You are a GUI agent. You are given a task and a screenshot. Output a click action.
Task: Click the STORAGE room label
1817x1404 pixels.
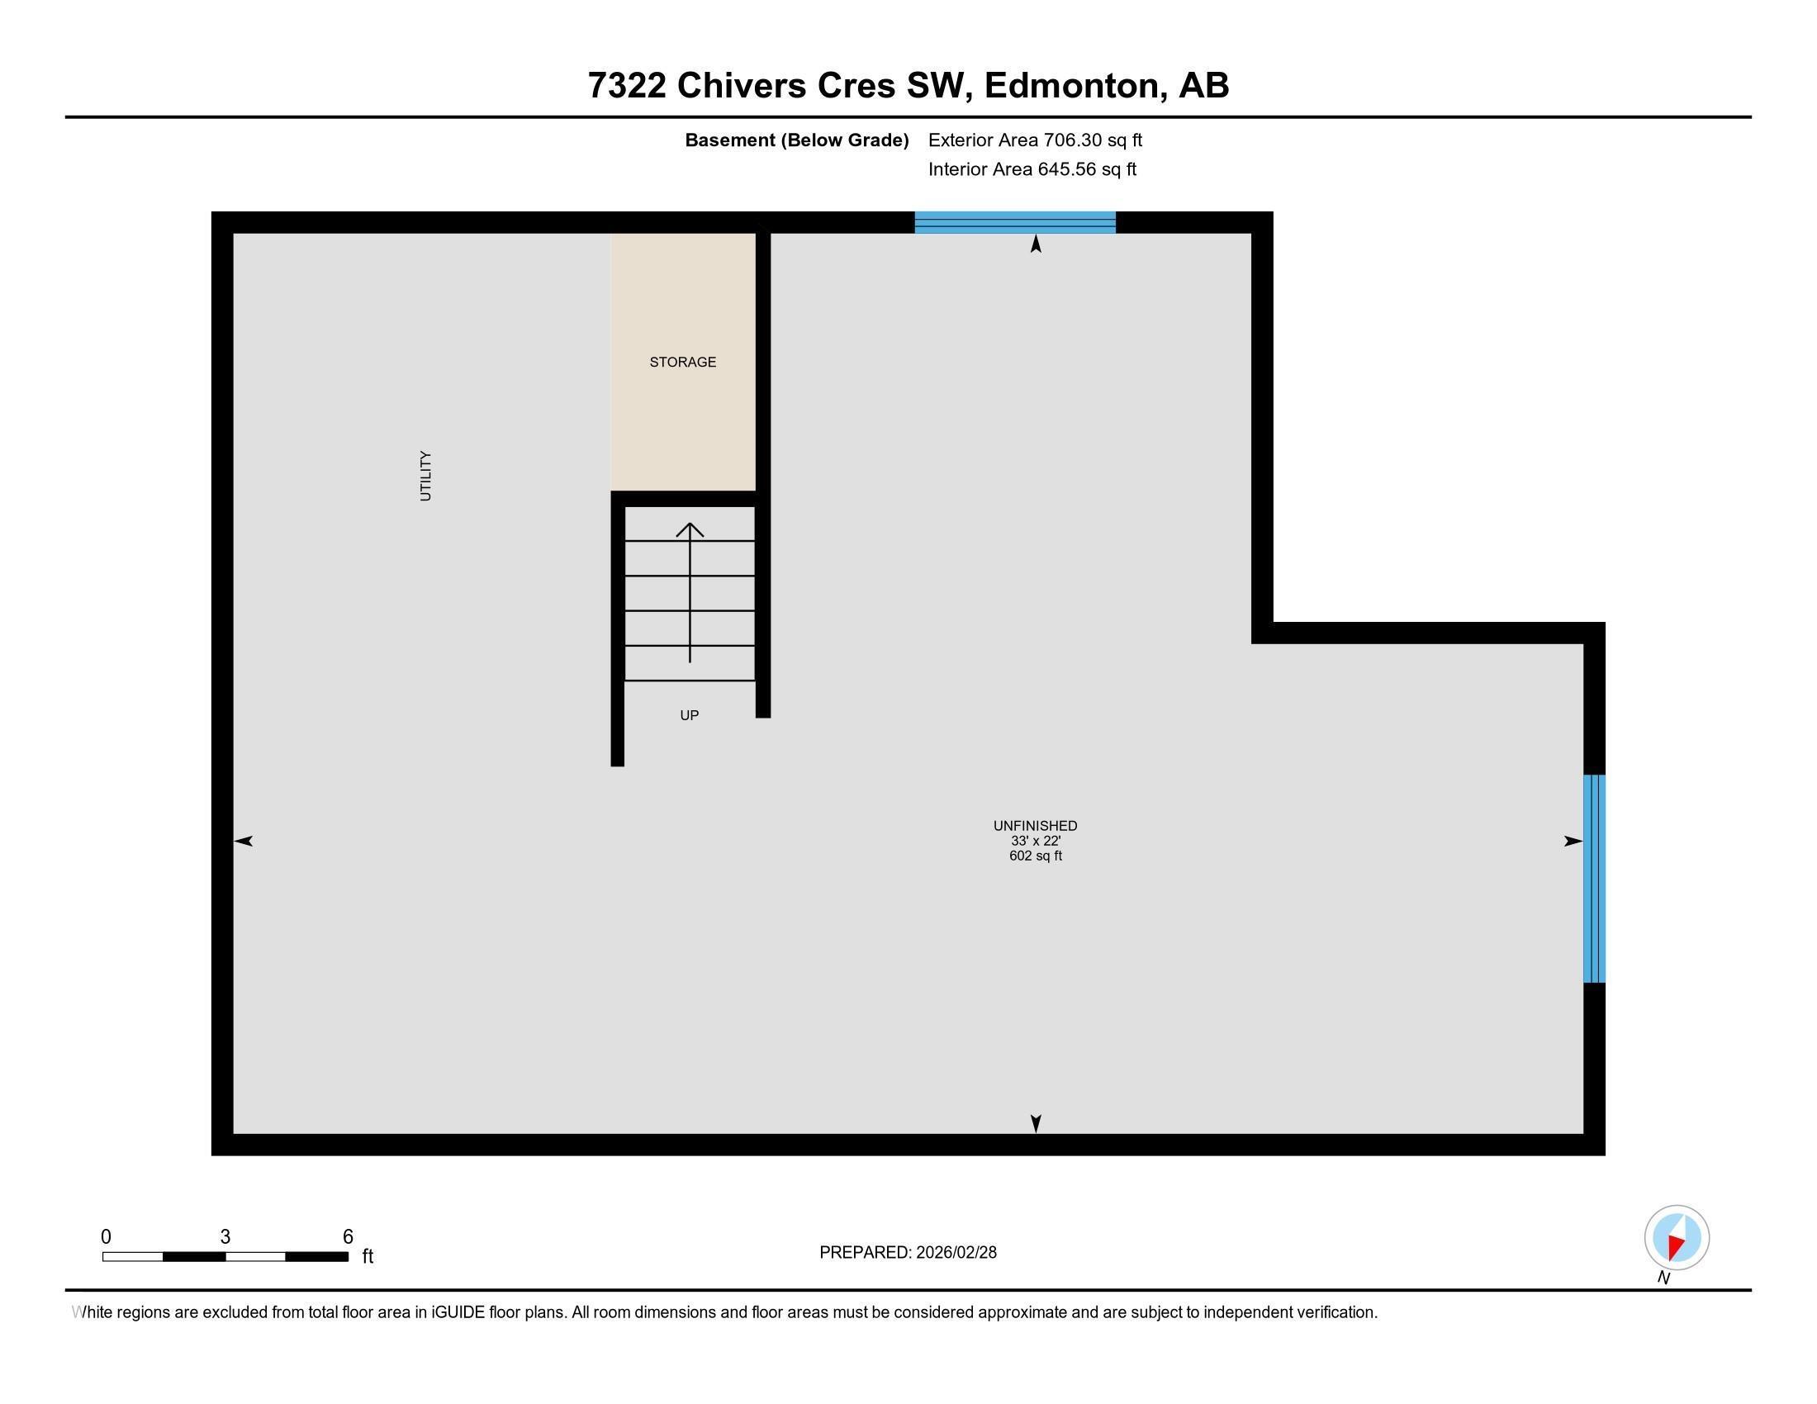[x=682, y=362]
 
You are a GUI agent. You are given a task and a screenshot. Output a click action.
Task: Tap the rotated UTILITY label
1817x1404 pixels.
[x=425, y=476]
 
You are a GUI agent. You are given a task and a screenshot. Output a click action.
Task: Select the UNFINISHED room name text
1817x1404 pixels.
[x=1034, y=826]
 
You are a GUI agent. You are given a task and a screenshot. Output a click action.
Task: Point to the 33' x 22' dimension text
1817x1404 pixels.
[x=1034, y=841]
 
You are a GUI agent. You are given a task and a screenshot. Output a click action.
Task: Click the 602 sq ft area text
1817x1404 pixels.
[x=1034, y=856]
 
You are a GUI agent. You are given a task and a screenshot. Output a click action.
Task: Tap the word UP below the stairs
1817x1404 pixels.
[x=689, y=715]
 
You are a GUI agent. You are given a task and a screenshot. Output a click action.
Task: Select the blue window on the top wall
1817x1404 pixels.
[x=1014, y=222]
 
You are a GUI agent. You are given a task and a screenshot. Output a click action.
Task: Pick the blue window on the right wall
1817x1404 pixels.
[x=1593, y=879]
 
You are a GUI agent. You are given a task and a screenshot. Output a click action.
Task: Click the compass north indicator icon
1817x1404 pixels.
[x=1677, y=1237]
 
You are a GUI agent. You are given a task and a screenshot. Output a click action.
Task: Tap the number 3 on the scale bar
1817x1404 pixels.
[x=225, y=1237]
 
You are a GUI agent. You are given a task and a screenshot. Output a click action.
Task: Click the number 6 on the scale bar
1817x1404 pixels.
[x=348, y=1237]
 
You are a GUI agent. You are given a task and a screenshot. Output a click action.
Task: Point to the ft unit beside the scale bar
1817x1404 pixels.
[x=368, y=1256]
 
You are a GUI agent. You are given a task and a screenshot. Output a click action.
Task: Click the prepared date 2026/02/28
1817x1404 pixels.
[x=956, y=1253]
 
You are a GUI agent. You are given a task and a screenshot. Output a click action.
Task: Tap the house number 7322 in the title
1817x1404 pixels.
[x=627, y=85]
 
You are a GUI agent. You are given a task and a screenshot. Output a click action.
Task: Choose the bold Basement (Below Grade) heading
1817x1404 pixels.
[x=796, y=140]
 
